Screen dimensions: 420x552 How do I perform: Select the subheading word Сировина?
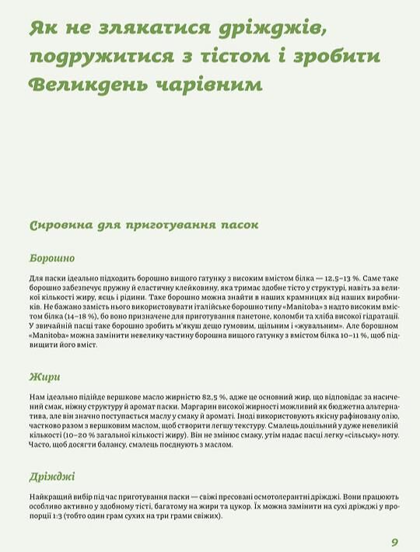tap(61, 225)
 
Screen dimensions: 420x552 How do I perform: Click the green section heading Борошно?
tap(52, 258)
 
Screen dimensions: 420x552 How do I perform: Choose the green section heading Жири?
tap(44, 378)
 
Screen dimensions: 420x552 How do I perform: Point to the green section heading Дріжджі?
tap(52, 477)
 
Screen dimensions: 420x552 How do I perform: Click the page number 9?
tap(394, 542)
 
